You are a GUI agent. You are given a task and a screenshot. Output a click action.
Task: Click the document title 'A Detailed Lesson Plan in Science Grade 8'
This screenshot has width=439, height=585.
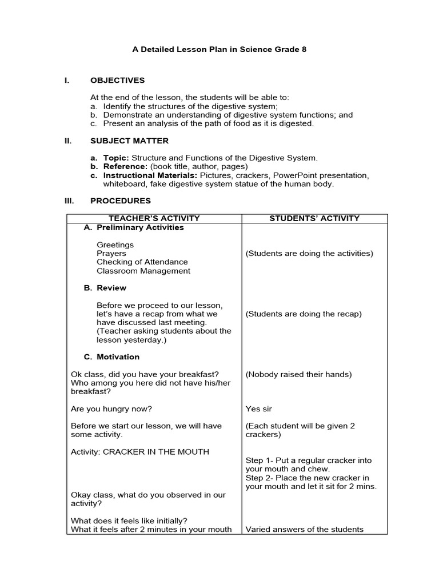click(x=219, y=50)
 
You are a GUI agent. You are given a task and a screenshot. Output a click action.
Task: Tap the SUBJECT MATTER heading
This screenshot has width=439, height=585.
click(x=129, y=141)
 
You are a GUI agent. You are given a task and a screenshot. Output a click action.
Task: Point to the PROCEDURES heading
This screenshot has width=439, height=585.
click(x=121, y=201)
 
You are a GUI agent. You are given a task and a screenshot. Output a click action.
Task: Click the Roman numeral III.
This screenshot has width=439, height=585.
click(x=69, y=201)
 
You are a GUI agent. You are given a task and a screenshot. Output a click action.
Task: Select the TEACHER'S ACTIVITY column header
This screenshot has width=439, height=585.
click(x=154, y=218)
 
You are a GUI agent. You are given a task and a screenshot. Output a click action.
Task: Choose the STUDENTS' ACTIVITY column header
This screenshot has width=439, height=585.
click(x=314, y=218)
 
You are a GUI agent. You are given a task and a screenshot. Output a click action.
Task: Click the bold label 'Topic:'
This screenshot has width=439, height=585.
click(x=117, y=158)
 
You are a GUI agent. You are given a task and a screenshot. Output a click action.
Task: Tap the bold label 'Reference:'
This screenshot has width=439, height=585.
click(x=125, y=167)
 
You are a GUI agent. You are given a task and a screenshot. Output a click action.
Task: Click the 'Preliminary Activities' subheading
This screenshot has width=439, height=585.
click(x=140, y=227)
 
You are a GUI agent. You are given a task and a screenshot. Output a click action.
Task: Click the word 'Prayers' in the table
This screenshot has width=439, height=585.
click(x=111, y=254)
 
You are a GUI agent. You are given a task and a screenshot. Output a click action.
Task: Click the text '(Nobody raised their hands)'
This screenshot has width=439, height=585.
click(x=298, y=375)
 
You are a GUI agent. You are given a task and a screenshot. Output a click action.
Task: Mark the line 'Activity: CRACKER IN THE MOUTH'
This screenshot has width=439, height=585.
click(x=140, y=452)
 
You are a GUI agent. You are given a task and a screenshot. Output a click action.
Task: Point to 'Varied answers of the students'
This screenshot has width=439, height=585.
click(x=304, y=530)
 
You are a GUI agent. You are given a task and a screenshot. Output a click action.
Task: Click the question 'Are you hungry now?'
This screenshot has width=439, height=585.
click(x=111, y=409)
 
